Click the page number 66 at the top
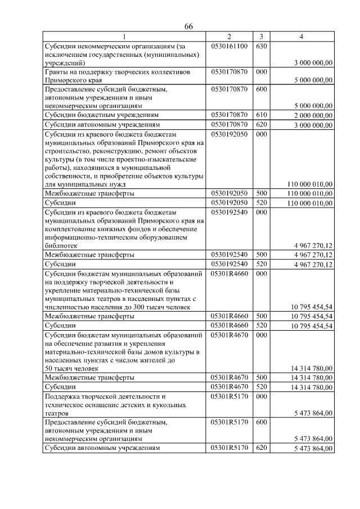[188, 27]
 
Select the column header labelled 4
[301, 37]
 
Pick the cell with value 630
[260, 46]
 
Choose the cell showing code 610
[260, 115]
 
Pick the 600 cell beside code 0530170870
[260, 89]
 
